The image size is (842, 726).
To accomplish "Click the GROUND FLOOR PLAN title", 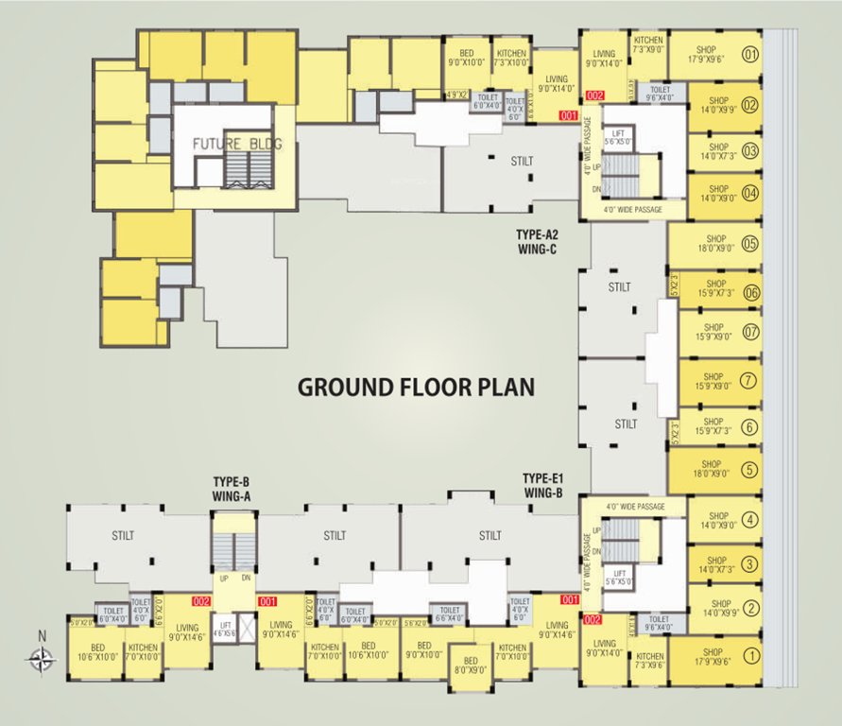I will tap(417, 387).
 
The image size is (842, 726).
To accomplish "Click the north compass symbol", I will tap(42, 659).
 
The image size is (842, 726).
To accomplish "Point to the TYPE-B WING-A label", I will tap(232, 489).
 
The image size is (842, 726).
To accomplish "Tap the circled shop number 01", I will tap(751, 56).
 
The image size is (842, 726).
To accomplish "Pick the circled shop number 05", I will tap(751, 244).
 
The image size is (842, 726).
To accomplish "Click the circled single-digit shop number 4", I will tap(749, 518).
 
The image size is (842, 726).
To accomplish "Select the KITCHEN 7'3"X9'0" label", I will tap(647, 44).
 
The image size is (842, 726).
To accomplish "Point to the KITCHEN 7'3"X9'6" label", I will tap(650, 661).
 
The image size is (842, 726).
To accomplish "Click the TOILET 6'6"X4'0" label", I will tap(449, 615).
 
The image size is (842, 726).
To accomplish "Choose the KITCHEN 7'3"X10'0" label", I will tap(511, 59).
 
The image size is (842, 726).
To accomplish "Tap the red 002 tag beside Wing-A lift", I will tap(201, 600).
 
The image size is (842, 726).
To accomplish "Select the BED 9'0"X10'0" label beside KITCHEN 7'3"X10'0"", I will tap(467, 59).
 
